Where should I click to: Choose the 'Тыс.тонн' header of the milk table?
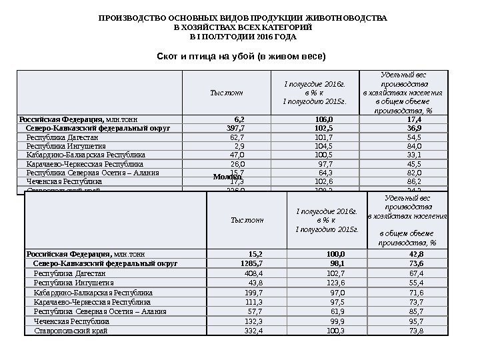[x=247, y=219]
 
